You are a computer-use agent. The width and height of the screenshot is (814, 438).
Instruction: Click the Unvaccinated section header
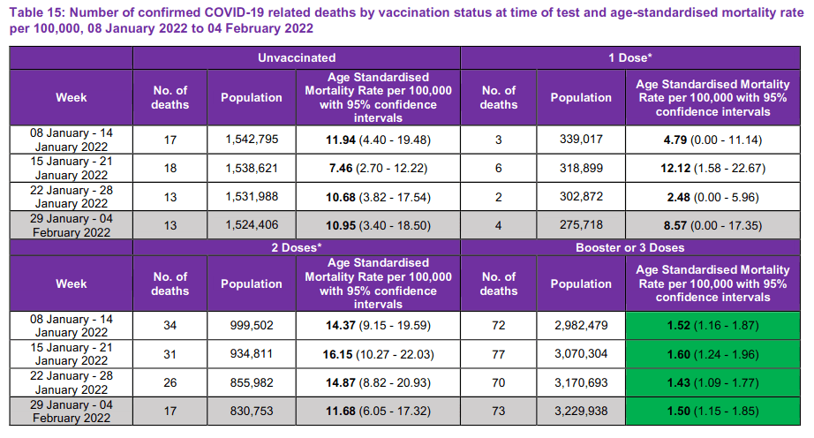[x=297, y=57]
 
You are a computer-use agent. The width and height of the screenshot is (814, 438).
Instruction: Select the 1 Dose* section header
[x=630, y=57]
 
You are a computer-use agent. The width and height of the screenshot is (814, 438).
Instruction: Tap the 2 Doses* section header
[x=297, y=248]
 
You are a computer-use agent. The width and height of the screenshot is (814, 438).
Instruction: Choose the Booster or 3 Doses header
[x=630, y=248]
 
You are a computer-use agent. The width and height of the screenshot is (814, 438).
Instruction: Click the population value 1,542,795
[x=251, y=140]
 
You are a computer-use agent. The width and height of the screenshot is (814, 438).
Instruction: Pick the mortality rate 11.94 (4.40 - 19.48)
[x=378, y=140]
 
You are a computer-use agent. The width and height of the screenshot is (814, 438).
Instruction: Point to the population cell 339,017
[x=580, y=140]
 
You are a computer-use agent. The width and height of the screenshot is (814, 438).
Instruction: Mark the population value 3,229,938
[x=580, y=411]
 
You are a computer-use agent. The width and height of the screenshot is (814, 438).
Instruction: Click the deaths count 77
[x=499, y=354]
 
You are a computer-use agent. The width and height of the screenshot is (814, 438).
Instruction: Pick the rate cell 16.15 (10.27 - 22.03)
[x=378, y=354]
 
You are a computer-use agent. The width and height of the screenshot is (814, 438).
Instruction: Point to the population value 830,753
[x=251, y=411]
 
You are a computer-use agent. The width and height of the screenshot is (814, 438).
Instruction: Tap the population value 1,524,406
[x=251, y=224]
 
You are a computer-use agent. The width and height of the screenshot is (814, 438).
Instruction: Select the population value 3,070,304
[x=580, y=354]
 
